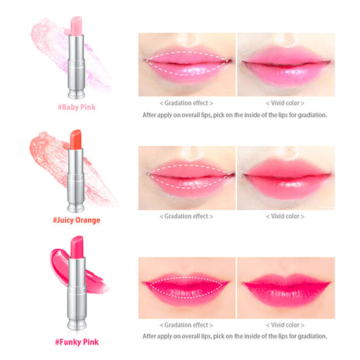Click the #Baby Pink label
click(x=76, y=107)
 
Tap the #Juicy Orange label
click(x=76, y=220)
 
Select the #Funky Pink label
click(x=77, y=342)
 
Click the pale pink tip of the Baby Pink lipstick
click(x=76, y=26)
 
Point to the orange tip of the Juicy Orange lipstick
click(x=76, y=139)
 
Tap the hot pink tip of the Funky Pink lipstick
click(x=77, y=247)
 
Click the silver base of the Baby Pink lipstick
click(x=76, y=67)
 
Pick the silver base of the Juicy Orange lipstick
click(x=76, y=180)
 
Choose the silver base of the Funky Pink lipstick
click(x=77, y=293)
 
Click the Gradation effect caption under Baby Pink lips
click(x=186, y=103)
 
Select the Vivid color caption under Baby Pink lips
click(x=285, y=103)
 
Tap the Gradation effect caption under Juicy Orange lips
click(x=186, y=216)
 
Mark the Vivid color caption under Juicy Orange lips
click(x=285, y=216)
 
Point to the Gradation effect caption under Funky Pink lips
click(x=186, y=325)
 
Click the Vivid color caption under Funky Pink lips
click(x=285, y=325)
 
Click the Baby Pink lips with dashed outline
click(x=187, y=64)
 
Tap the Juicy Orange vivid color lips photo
click(x=286, y=178)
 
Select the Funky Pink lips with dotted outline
click(x=187, y=288)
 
